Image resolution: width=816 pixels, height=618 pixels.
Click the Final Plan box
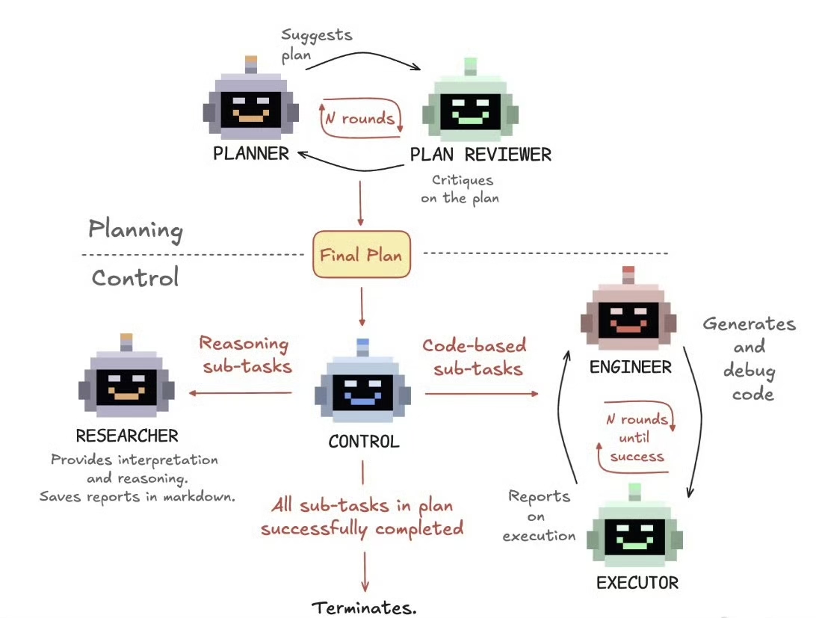[x=361, y=254]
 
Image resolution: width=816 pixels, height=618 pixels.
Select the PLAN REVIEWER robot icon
[x=470, y=109]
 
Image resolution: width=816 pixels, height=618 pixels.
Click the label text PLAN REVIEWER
[x=480, y=155]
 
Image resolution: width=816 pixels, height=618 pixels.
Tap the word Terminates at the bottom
[x=364, y=607]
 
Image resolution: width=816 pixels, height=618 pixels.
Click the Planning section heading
[x=135, y=229]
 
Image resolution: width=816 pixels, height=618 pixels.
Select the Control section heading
[x=135, y=278]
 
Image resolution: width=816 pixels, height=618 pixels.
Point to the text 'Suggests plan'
[x=317, y=44]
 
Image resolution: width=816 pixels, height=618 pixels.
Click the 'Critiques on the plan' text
[x=463, y=189]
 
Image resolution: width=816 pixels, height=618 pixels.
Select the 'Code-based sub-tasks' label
[x=475, y=356]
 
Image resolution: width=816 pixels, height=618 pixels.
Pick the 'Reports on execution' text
[x=540, y=516]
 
